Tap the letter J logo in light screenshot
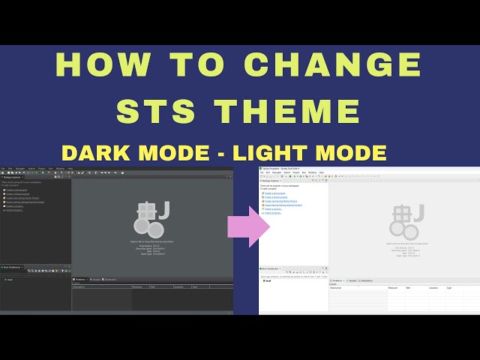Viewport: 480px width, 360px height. tap(418, 213)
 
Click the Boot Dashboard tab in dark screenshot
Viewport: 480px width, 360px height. tap(12, 267)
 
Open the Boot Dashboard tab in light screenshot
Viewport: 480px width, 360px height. tap(271, 268)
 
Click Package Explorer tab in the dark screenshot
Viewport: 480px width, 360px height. tap(13, 178)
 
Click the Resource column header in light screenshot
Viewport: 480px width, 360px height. tap(393, 288)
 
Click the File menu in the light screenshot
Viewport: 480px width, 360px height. tap(261, 172)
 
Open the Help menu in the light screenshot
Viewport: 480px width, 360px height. tap(322, 172)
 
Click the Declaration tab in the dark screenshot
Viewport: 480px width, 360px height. tap(111, 280)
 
